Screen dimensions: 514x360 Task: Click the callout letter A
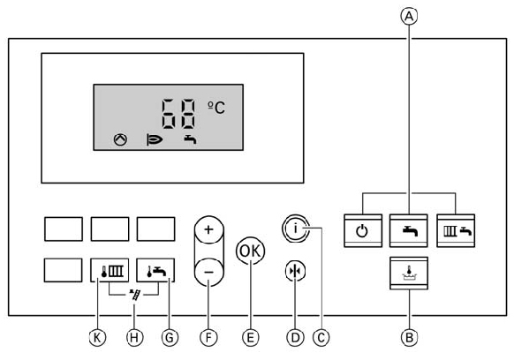tap(409, 16)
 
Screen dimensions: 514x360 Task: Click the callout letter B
tap(409, 337)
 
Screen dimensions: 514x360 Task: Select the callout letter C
tap(321, 337)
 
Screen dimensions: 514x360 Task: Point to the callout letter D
tap(295, 337)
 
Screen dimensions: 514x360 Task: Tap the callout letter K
tap(97, 337)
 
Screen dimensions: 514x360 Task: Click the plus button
tap(208, 229)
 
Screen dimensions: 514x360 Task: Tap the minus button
tap(208, 272)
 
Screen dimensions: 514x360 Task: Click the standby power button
tap(363, 230)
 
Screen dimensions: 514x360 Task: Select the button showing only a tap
tap(409, 230)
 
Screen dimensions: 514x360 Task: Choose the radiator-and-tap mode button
tap(456, 230)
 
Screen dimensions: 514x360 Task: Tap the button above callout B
tap(409, 274)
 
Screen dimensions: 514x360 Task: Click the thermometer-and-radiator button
tap(110, 270)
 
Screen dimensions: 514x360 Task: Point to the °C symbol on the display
tap(216, 108)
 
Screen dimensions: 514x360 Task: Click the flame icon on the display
tap(155, 140)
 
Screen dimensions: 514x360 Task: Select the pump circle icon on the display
tap(120, 139)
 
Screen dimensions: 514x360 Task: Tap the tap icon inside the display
tap(190, 139)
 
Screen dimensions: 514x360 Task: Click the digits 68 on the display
tap(178, 113)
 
